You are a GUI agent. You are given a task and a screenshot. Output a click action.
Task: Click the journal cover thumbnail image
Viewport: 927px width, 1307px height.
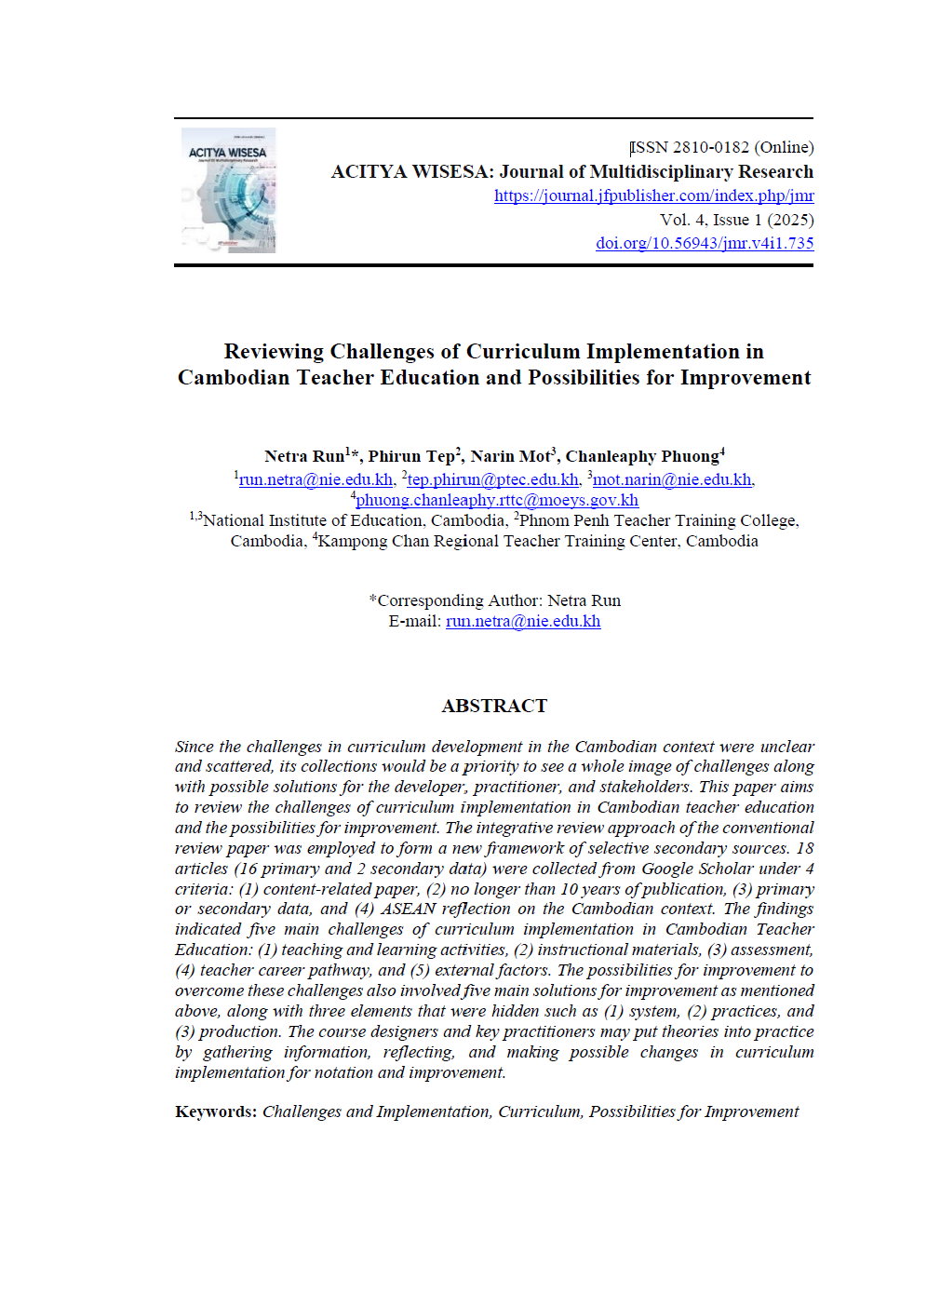228,191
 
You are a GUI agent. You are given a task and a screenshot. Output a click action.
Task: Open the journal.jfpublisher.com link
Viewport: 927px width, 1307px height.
653,195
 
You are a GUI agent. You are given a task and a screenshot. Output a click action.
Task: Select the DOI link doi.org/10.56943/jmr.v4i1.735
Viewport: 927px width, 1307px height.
705,243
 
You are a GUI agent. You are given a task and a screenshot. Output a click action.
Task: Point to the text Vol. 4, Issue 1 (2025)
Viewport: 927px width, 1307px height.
736,220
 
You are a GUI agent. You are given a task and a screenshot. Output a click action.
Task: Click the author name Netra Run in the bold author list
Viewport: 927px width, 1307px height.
304,456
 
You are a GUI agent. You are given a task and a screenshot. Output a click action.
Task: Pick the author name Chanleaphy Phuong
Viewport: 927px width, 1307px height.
642,456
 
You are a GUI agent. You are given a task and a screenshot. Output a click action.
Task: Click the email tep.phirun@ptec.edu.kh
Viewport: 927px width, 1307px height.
493,479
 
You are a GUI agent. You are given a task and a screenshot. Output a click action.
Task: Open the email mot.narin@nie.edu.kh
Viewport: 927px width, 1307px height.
672,479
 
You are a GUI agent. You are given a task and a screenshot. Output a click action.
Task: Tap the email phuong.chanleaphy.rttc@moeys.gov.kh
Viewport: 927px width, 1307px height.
497,500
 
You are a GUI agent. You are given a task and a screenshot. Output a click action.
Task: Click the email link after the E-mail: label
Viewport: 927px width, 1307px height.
523,621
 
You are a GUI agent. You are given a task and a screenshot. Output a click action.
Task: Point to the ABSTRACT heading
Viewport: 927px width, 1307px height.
494,706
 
